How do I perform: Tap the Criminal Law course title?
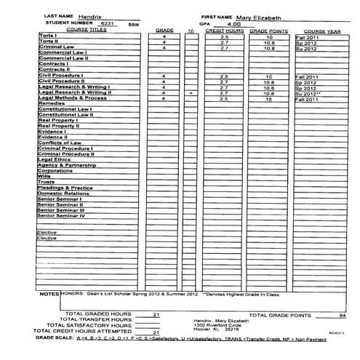55,47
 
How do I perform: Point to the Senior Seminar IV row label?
62,215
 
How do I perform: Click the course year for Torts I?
306,36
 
